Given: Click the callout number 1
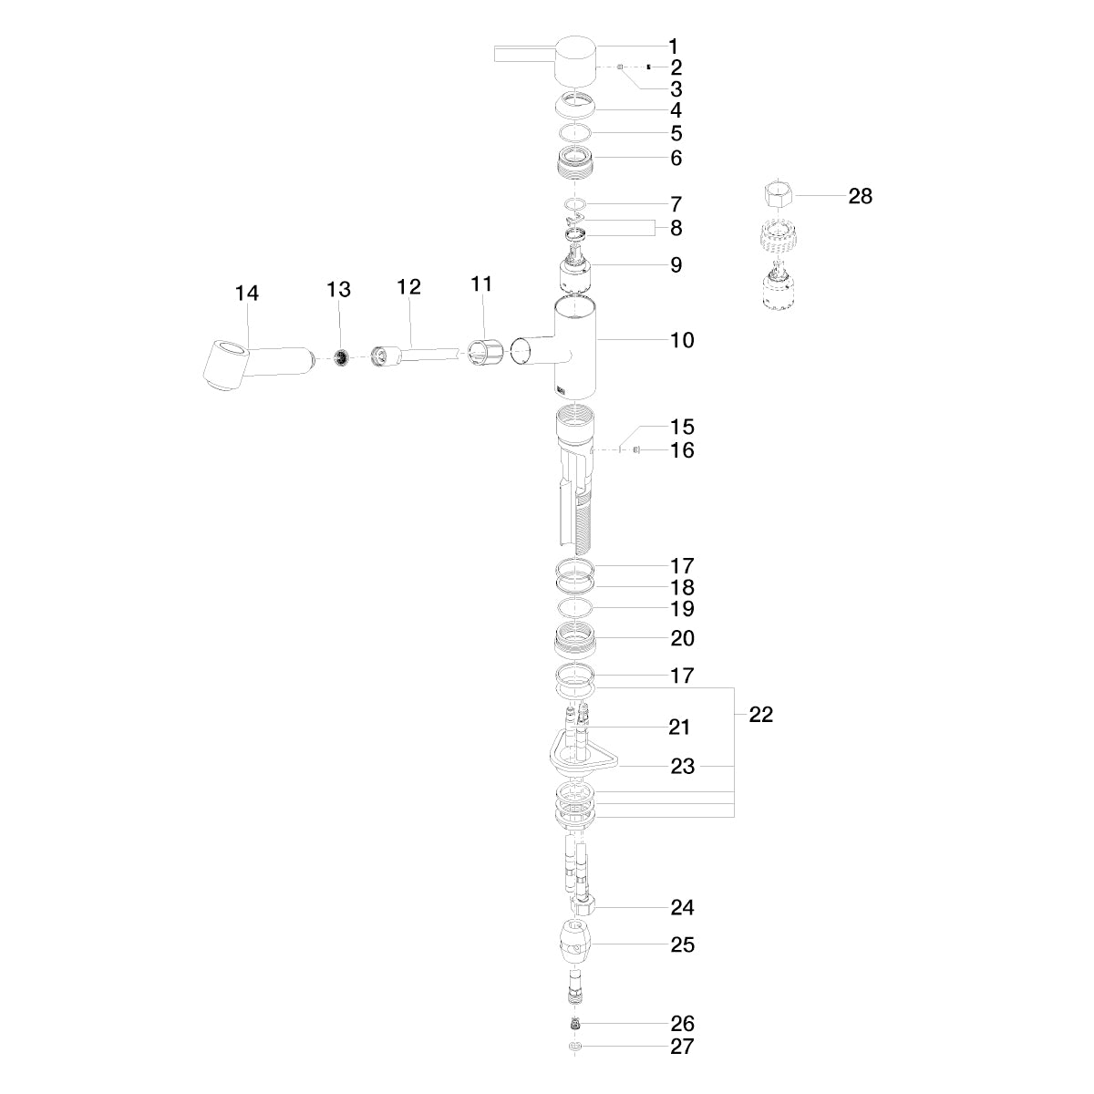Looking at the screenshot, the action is pos(674,46).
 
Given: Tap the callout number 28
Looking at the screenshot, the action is pos(860,196).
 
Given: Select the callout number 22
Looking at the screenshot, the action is pos(760,715).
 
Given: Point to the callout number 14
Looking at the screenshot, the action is pos(247,294).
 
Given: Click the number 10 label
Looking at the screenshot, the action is pos(682,341).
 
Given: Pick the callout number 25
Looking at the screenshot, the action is pos(682,945).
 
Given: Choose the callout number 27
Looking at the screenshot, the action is pos(682,1047).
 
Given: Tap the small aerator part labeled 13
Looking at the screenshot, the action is pos(341,358).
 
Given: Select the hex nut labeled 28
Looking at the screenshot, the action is pos(779,195).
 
